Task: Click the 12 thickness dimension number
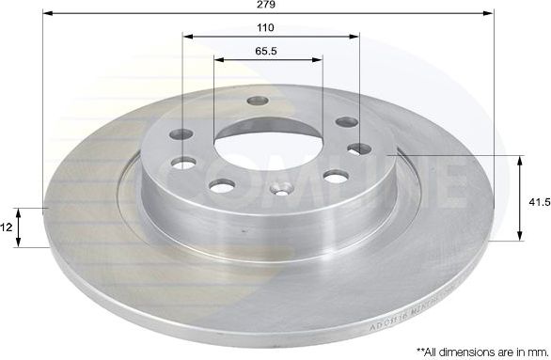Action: (6, 227)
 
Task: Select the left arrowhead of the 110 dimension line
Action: (186, 37)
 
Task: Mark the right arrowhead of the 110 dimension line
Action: (354, 37)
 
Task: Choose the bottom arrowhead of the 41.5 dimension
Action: (520, 237)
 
